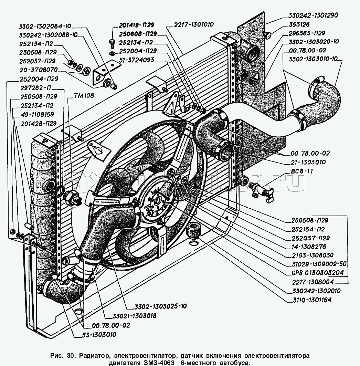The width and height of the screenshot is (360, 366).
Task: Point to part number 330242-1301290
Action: [x=311, y=15]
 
